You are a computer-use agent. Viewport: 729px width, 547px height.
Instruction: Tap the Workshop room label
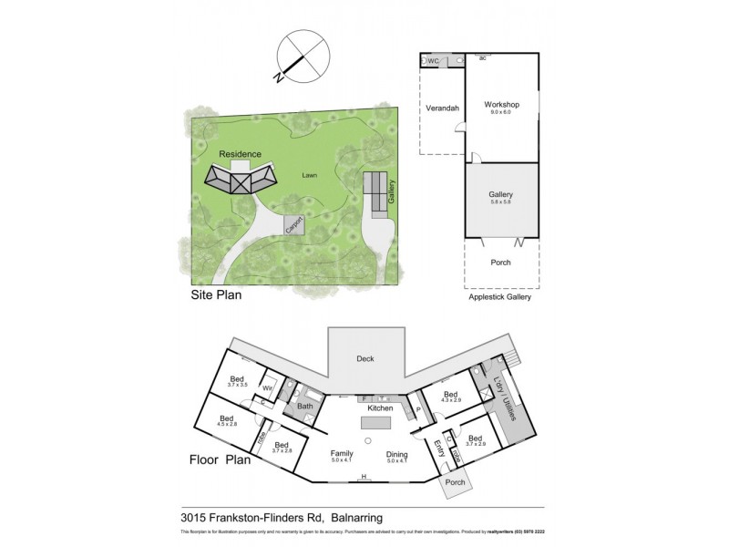[501, 105]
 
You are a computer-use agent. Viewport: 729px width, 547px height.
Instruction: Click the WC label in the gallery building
[434, 61]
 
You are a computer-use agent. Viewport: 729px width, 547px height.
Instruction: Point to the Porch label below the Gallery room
[500, 263]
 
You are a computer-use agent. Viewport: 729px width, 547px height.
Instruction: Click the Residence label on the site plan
[241, 154]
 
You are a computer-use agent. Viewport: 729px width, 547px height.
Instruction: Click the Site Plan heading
[217, 295]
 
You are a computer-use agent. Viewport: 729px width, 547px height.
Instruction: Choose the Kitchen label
[379, 409]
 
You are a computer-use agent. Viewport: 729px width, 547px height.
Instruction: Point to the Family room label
[340, 453]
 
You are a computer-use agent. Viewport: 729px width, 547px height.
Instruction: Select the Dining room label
[396, 455]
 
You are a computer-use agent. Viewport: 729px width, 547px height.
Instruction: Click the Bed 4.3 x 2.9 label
[452, 396]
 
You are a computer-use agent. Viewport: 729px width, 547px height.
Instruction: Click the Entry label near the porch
[439, 448]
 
